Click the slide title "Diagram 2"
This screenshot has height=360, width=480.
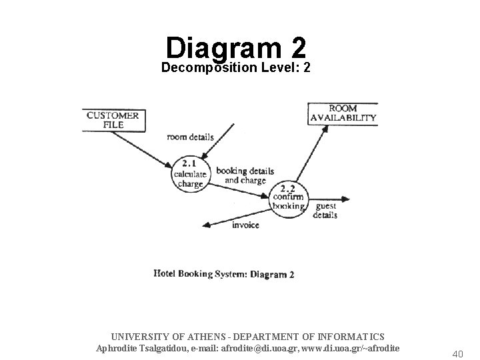(x=237, y=48)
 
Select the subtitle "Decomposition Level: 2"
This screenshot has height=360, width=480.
(x=236, y=68)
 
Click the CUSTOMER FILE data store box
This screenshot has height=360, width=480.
(x=113, y=120)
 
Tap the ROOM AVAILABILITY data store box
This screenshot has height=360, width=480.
(x=343, y=113)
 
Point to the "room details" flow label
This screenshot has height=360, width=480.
(x=190, y=137)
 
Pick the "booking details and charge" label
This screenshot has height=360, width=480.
(x=245, y=175)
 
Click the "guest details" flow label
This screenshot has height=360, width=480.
(x=325, y=211)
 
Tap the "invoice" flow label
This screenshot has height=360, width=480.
(x=245, y=225)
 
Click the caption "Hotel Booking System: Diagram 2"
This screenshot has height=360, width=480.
(x=224, y=273)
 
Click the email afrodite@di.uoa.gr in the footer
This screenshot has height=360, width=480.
(x=249, y=348)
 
